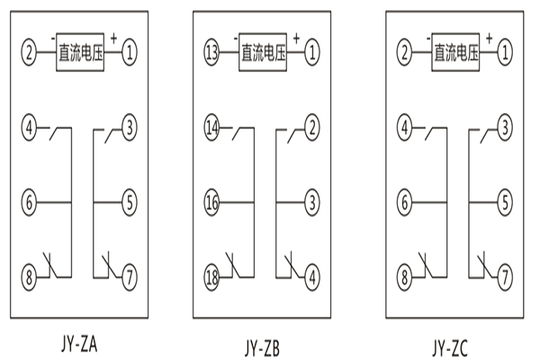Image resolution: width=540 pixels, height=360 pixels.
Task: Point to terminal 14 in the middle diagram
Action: coord(212,128)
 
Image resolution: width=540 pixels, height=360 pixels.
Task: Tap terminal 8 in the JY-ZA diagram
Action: coord(30,274)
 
